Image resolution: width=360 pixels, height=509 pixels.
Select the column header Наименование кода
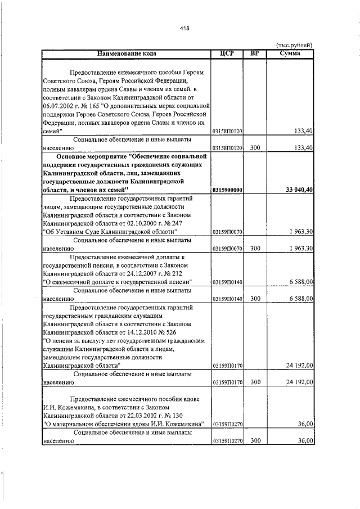[126, 53]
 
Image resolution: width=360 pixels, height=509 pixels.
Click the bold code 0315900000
[227, 191]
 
